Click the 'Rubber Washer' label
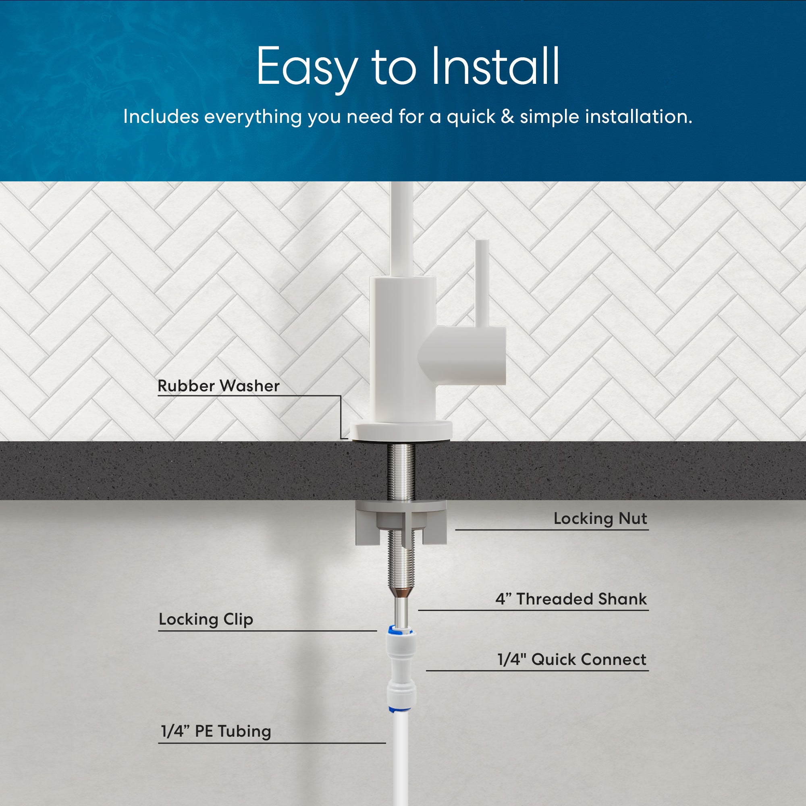[218, 386]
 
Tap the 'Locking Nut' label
[600, 519]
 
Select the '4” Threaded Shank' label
[571, 599]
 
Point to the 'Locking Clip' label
[206, 619]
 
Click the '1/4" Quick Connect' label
[571, 660]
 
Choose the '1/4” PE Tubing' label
[216, 731]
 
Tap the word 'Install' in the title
[495, 66]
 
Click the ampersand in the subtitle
[507, 116]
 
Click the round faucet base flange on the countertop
[401, 430]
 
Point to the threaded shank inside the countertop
[401, 471]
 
